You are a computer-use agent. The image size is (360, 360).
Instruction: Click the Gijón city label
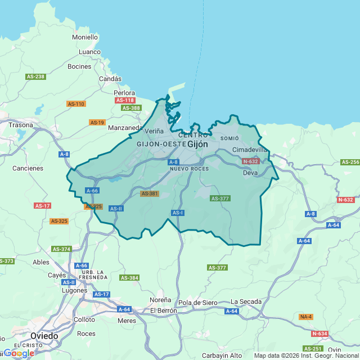pos(197,144)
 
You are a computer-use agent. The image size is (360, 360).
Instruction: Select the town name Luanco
pos(89,52)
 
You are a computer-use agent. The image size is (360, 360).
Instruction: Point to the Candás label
pos(110,79)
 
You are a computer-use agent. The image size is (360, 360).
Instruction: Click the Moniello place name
pos(85,37)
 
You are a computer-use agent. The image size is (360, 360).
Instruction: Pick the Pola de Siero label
pos(197,303)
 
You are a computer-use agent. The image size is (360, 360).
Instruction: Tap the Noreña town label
pos(160,300)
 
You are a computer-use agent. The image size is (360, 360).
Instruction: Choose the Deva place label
pos(250,173)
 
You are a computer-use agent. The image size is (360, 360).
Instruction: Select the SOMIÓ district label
pos(229,138)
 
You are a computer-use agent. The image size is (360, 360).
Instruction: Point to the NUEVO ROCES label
pos(189,169)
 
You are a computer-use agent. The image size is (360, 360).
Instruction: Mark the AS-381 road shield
pos(150,193)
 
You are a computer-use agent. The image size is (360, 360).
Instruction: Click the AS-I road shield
pos(178,213)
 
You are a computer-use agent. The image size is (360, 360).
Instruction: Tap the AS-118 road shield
pos(125,100)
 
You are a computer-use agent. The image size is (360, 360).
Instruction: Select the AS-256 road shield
pos(350,162)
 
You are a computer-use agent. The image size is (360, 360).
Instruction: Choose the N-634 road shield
pos(319,334)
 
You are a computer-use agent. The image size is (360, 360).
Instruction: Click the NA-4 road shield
pos(305,317)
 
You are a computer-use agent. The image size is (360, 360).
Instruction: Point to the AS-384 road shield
pos(129,278)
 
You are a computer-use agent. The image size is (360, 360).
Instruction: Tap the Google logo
pos(18,353)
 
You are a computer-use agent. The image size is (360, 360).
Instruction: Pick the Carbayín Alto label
pos(222,355)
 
